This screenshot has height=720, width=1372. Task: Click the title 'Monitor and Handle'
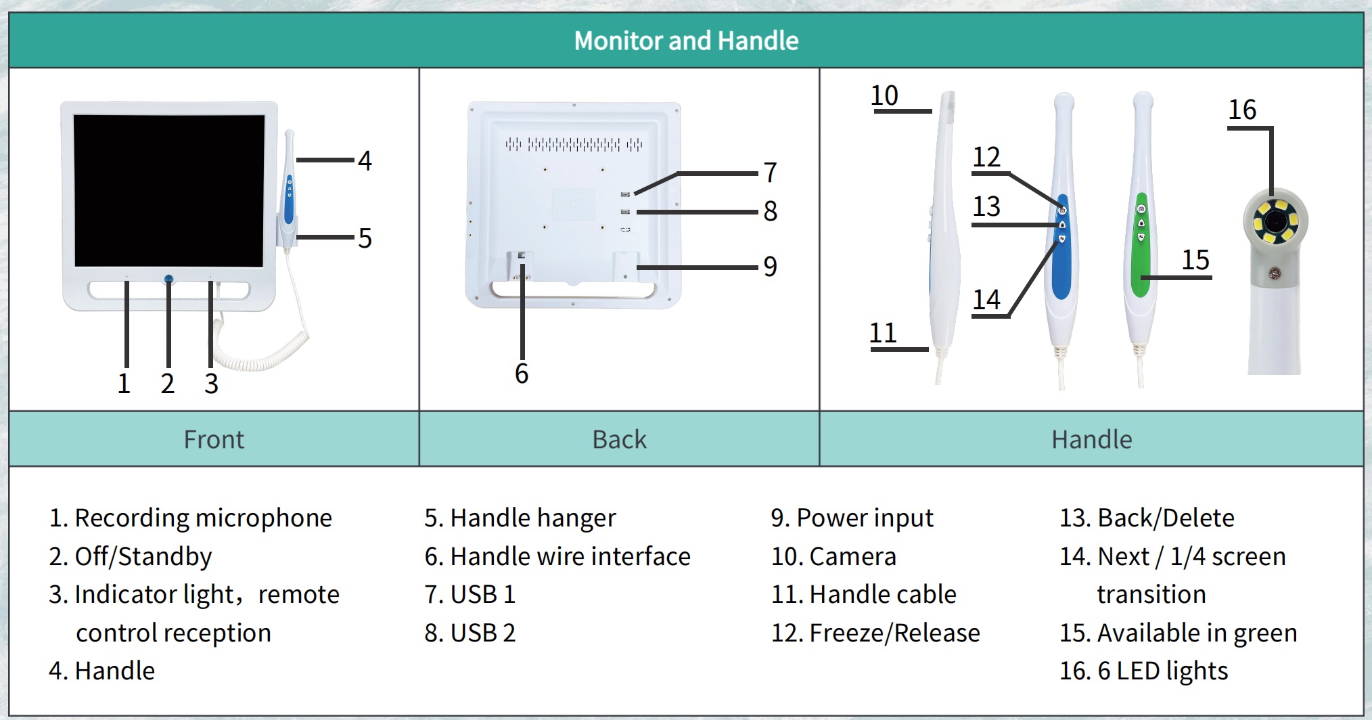click(x=686, y=41)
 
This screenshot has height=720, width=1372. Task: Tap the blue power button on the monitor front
click(x=168, y=279)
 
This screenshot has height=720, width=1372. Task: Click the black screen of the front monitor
click(x=169, y=190)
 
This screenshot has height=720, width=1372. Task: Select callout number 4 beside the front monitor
click(x=365, y=161)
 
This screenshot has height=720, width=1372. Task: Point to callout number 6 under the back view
click(x=522, y=374)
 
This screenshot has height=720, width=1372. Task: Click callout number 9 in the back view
click(x=770, y=267)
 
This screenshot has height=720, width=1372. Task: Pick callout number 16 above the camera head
click(x=1242, y=110)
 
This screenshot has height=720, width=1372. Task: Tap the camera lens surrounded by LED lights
click(x=1275, y=220)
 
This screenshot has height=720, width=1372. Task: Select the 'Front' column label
click(x=214, y=440)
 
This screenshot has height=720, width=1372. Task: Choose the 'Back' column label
click(x=619, y=440)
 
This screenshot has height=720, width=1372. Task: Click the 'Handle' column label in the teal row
click(x=1091, y=440)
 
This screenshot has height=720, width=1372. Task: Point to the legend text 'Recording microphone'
click(x=203, y=518)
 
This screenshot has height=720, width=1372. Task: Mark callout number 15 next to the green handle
click(x=1195, y=260)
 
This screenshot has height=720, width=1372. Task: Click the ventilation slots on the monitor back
click(x=574, y=144)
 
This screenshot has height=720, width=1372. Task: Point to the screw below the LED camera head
click(x=1275, y=273)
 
